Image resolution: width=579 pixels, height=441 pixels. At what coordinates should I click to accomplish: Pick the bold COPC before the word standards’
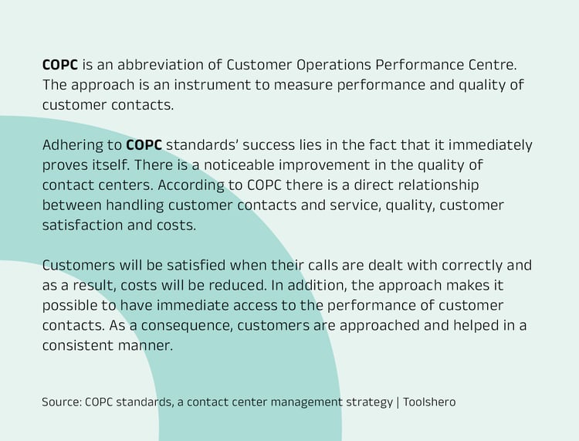[x=144, y=144]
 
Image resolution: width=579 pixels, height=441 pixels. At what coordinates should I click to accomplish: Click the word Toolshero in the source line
[x=430, y=402]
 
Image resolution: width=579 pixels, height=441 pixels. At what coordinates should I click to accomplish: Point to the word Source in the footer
[x=60, y=402]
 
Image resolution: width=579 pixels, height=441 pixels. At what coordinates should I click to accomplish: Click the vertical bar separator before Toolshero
[x=398, y=402]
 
